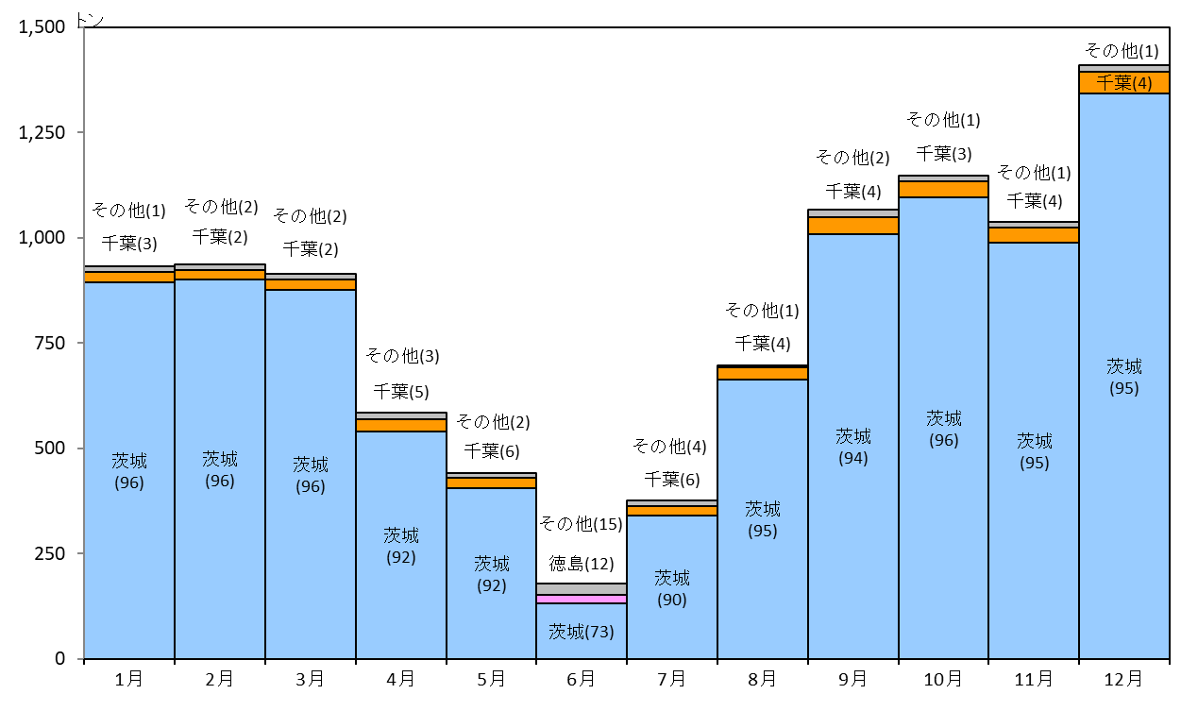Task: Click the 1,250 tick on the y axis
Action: tap(42, 132)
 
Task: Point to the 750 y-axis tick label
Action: tap(49, 343)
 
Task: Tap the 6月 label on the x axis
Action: tap(581, 679)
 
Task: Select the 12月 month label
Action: tap(1123, 679)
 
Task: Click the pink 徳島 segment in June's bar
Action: tap(582, 600)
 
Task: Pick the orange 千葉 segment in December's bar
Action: tap(1124, 83)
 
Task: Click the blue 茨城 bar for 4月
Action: tap(401, 545)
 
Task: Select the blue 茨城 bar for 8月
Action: tap(763, 519)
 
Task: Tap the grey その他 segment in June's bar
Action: tap(582, 589)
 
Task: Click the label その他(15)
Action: tap(581, 524)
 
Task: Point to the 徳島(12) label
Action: tap(582, 564)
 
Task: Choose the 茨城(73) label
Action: tap(582, 632)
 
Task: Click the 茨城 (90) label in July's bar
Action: tap(672, 588)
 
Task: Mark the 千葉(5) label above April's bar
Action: tap(401, 391)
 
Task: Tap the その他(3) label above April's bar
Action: tap(402, 355)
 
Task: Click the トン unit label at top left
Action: tap(90, 21)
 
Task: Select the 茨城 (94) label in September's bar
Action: tap(853, 447)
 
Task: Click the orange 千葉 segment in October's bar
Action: tap(944, 190)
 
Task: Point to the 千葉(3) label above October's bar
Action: tap(944, 154)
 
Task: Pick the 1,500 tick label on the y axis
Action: tap(42, 26)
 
